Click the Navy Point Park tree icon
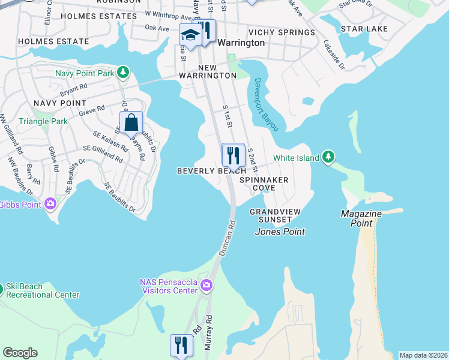click(123, 73)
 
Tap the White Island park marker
click(328, 157)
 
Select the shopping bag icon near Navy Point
click(131, 123)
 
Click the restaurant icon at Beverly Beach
click(233, 155)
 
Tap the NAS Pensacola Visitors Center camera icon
click(207, 285)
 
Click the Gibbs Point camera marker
click(50, 204)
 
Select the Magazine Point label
click(358, 218)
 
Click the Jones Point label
click(280, 232)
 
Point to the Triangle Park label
click(43, 121)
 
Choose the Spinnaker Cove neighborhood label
click(264, 184)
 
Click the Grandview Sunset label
click(274, 216)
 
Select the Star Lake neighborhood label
click(364, 29)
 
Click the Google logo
click(20, 353)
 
